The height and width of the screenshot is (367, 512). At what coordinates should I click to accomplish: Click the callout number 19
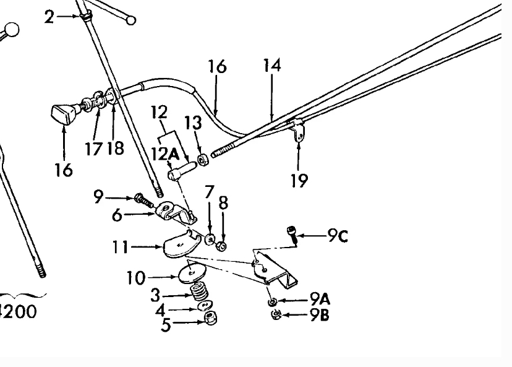click(299, 180)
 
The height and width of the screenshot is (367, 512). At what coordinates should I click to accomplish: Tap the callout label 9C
click(338, 236)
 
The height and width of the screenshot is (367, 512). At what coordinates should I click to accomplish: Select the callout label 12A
click(165, 154)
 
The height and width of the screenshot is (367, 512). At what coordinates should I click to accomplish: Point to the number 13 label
click(193, 123)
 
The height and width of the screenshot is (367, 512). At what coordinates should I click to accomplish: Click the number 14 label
click(272, 65)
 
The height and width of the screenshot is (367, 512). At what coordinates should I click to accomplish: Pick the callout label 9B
click(319, 315)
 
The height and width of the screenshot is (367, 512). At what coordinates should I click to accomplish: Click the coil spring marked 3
click(200, 292)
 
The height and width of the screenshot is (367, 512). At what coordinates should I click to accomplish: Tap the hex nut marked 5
click(211, 318)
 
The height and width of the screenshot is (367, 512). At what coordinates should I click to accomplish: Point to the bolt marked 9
click(143, 201)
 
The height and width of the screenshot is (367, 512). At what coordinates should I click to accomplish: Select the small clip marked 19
click(297, 129)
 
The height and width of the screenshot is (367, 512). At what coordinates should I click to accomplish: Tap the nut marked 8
click(221, 246)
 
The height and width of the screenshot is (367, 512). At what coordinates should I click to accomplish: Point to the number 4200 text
click(18, 311)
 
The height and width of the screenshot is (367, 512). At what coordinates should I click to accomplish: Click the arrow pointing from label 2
click(67, 15)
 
